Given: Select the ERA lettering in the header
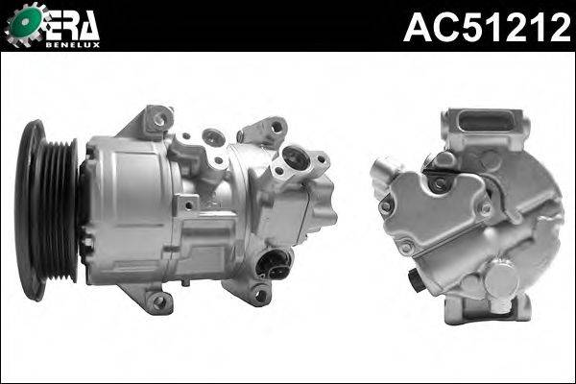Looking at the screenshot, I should [x=71, y=23].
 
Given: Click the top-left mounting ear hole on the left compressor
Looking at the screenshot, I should [x=159, y=120].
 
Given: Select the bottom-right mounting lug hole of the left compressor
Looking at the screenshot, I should [x=258, y=296].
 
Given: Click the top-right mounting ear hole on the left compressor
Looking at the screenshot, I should [x=276, y=127].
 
